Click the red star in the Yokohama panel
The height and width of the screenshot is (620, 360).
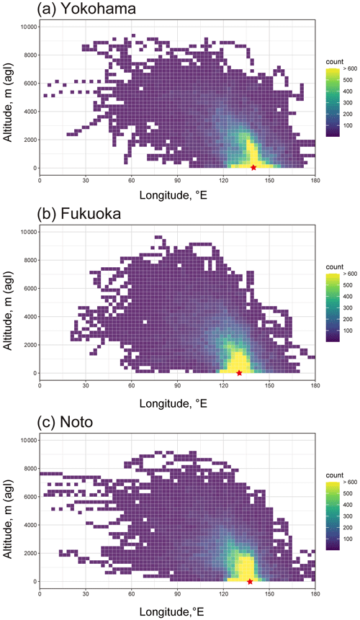click(253, 168)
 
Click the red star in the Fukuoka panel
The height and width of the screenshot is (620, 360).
click(239, 373)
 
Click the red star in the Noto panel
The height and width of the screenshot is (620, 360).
click(250, 581)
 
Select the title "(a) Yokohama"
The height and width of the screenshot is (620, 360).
click(86, 9)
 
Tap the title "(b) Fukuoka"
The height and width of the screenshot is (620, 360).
click(79, 214)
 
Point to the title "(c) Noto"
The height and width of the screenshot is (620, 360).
click(65, 422)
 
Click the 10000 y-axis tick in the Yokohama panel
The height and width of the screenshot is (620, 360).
click(29, 27)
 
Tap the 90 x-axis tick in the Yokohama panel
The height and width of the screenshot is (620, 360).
click(177, 180)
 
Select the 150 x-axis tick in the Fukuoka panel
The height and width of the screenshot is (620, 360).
click(269, 385)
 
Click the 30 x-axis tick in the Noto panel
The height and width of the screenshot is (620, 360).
click(86, 594)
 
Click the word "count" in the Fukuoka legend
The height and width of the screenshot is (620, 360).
click(335, 267)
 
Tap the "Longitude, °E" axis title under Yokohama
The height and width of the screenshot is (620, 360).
click(174, 195)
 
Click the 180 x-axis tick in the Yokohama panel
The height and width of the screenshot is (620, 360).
click(315, 180)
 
